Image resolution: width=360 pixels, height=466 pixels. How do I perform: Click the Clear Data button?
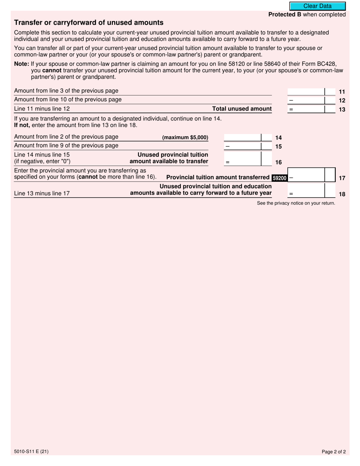tap(317, 6)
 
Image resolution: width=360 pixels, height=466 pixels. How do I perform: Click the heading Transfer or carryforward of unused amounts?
tap(89, 23)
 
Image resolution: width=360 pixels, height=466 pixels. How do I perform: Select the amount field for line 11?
tap(306, 91)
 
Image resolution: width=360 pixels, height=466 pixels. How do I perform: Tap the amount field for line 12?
tap(306, 100)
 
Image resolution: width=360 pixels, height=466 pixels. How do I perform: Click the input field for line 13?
tap(306, 109)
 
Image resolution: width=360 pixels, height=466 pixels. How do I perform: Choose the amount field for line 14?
tap(243, 138)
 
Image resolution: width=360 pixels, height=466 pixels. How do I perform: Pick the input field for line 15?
tap(243, 146)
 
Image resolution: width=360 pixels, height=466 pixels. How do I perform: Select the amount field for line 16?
tap(243, 159)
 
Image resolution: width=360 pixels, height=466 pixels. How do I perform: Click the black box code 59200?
tap(279, 178)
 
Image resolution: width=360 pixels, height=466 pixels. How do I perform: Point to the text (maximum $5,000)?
tap(185, 138)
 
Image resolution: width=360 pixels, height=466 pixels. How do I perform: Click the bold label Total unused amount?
tap(242, 109)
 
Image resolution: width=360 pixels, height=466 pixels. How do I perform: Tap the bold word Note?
tap(22, 64)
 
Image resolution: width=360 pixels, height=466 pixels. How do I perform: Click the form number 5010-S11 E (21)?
tap(31, 451)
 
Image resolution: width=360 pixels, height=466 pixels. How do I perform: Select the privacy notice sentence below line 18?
tap(296, 203)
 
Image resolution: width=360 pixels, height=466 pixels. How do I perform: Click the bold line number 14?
tap(279, 138)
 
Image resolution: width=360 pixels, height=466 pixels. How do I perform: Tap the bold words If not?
tap(22, 125)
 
